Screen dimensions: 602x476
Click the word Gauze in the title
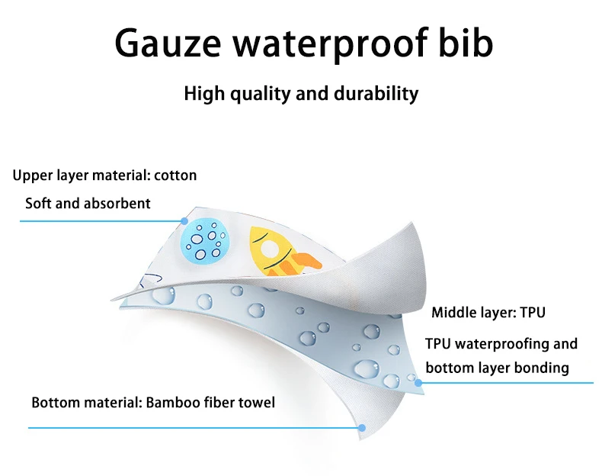tap(168, 43)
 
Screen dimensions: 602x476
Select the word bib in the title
tap(466, 42)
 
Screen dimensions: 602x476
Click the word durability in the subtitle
tap(376, 93)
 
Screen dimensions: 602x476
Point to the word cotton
tap(175, 175)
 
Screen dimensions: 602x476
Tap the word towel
tap(257, 402)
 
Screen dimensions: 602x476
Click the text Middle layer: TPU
tap(488, 312)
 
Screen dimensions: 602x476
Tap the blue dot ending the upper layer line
tap(184, 221)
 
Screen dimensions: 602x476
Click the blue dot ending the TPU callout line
tap(418, 383)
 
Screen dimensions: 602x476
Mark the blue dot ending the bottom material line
tap(362, 428)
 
